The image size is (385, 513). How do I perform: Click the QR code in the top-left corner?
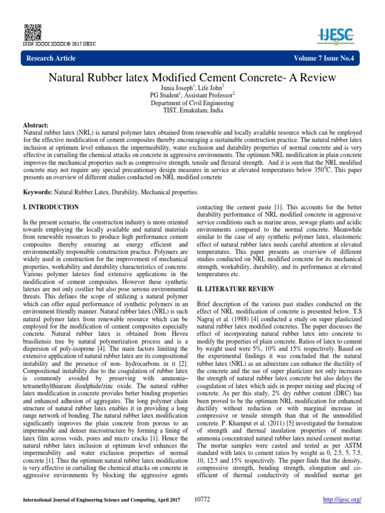coord(33,31)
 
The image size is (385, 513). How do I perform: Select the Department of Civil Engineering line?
coord(192,103)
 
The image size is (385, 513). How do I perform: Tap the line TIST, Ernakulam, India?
coord(192,110)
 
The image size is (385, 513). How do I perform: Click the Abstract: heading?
coord(36,124)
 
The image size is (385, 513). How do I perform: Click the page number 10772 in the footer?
coord(202,500)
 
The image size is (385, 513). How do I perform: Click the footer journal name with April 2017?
coord(99,500)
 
